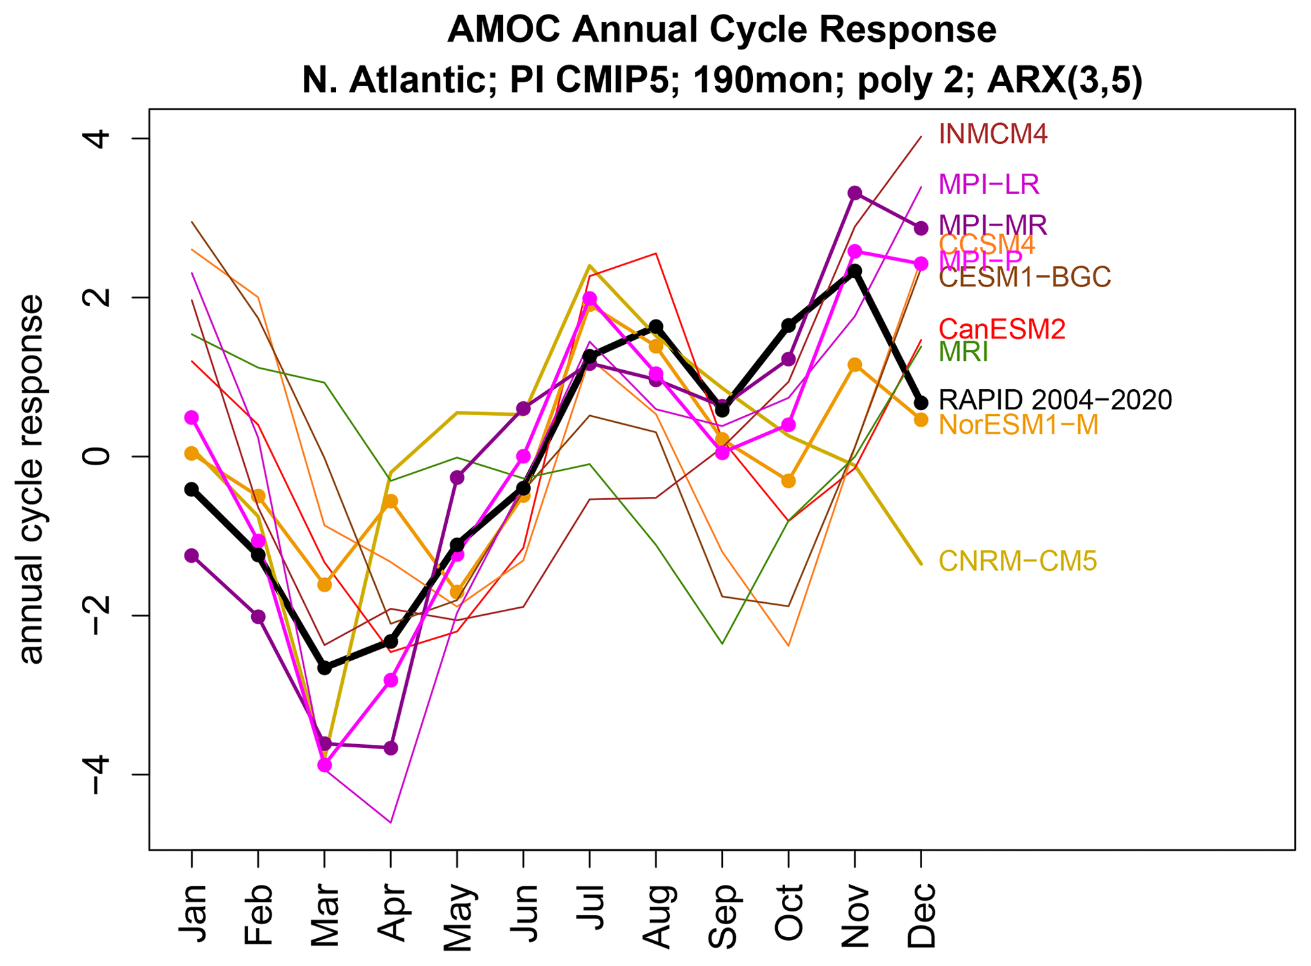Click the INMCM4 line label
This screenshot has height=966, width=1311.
993,134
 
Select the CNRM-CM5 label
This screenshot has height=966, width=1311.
1017,561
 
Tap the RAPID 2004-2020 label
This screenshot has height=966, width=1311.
1055,399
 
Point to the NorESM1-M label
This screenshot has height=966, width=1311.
1018,425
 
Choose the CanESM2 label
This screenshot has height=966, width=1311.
1001,329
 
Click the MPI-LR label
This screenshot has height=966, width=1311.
988,184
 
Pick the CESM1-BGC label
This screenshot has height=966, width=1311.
1024,277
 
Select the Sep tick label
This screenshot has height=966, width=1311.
722,916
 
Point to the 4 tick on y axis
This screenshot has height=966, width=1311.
98,139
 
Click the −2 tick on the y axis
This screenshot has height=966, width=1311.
98,615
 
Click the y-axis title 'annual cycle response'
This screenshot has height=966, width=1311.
32,479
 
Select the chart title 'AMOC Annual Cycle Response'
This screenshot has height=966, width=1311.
721,30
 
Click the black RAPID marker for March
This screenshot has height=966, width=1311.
325,668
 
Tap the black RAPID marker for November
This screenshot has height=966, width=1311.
855,271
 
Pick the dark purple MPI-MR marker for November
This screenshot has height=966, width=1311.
855,193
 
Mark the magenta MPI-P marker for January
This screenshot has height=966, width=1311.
192,417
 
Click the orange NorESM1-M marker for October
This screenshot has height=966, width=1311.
788,481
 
